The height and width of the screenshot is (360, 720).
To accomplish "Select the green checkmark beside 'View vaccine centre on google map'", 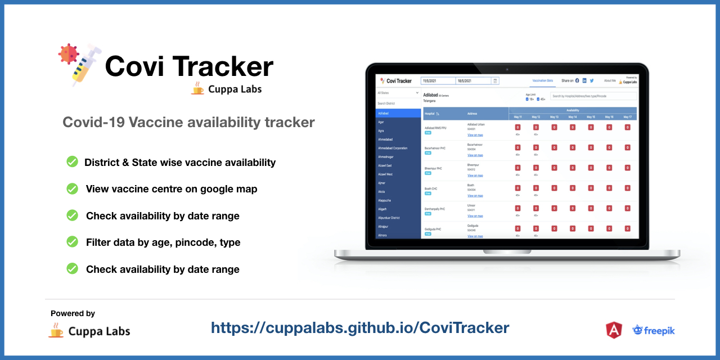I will (x=73, y=189).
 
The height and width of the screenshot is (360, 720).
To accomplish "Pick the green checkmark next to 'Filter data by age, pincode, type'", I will (x=73, y=242).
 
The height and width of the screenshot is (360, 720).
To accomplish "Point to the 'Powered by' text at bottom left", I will (x=73, y=313).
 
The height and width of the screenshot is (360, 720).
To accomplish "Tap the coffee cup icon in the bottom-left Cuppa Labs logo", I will (x=56, y=330).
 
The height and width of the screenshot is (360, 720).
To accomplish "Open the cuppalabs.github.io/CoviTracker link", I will (x=360, y=327).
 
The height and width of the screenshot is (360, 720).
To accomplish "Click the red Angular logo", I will (x=613, y=330).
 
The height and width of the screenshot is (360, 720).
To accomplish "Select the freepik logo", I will (x=654, y=330).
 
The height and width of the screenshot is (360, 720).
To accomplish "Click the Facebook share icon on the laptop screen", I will (x=577, y=81).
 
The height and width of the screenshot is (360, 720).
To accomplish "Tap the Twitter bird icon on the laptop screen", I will (x=592, y=81).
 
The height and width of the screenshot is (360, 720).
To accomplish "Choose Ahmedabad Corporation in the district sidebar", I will (x=393, y=148).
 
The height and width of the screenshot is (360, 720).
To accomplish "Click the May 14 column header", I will (x=572, y=117).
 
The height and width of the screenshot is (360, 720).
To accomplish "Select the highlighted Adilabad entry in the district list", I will (x=398, y=113).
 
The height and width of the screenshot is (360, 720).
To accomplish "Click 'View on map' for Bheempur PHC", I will (x=475, y=175).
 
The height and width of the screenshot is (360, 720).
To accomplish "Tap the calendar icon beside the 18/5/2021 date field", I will (x=495, y=81).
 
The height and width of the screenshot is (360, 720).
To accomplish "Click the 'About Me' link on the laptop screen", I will (x=610, y=81).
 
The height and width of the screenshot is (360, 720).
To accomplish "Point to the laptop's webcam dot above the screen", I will (x=507, y=69).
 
